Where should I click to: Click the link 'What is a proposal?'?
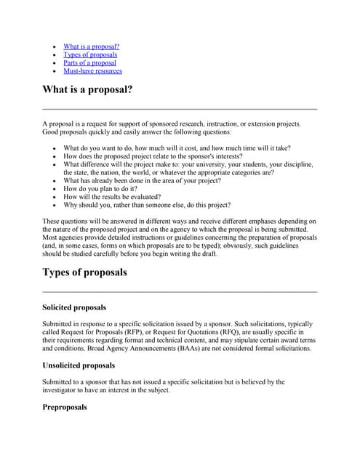coord(91,46)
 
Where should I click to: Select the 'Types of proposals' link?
coord(90,54)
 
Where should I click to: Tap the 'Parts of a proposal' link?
coord(89,62)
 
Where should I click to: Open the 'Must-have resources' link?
coord(92,71)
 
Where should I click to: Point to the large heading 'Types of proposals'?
coord(84,272)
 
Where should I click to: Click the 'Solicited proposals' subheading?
coord(74,308)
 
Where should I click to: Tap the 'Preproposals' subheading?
coord(65,407)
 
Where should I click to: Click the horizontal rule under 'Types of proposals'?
coord(180,291)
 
